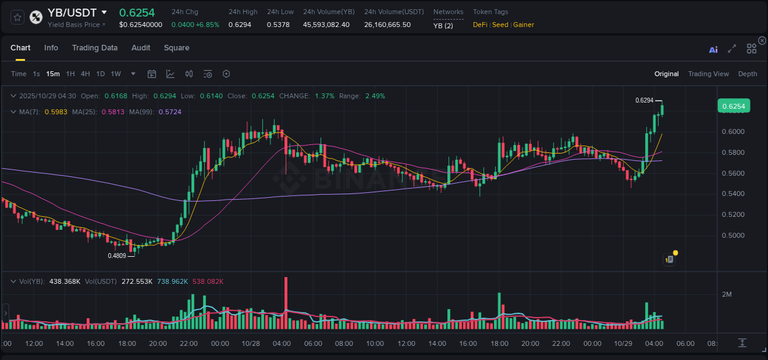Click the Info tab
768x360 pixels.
(51, 48)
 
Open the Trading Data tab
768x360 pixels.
(95, 48)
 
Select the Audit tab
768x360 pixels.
(141, 48)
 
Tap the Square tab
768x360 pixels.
(176, 48)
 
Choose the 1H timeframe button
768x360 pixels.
(70, 74)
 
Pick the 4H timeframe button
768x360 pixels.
(85, 74)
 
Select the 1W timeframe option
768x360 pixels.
(116, 74)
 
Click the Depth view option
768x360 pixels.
(747, 74)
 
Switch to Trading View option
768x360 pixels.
(708, 74)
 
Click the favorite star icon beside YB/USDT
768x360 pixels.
(17, 17)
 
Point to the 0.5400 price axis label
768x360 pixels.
(733, 194)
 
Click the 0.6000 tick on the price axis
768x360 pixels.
(733, 131)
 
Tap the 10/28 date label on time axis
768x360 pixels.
(251, 343)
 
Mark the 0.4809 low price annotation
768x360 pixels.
(117, 256)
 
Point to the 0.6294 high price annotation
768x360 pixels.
(644, 100)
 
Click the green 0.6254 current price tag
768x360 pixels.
(733, 106)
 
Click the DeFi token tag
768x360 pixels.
(480, 25)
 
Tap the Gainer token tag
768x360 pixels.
(523, 25)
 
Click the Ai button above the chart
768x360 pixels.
(713, 50)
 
